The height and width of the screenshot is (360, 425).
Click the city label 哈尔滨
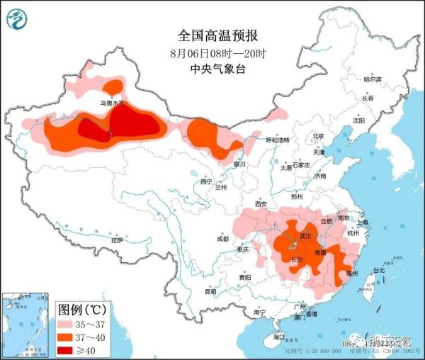pos(372,79)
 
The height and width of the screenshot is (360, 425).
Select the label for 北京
pos(317,136)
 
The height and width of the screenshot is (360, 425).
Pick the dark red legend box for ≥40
pos(69,349)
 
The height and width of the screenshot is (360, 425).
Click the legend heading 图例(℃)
pos(81,310)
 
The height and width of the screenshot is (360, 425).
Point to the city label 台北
pos(379,270)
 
